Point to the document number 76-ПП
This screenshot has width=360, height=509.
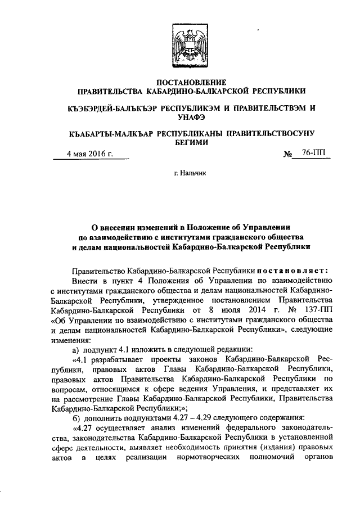click(x=313, y=152)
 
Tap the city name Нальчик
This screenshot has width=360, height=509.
click(x=195, y=174)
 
